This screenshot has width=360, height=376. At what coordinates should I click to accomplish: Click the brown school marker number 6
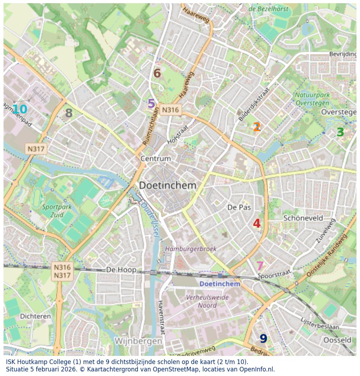pos(157,73)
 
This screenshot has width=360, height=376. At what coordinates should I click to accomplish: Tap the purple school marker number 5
pos(151,104)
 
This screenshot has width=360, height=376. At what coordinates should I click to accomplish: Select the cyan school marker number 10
pos(20,109)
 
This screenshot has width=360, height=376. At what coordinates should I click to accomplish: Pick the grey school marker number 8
pos(69,113)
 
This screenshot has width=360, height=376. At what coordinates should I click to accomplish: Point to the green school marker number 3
pos(340,132)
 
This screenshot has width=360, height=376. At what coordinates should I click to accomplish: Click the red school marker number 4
pos(257,223)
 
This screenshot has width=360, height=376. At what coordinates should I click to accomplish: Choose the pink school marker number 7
pos(260,266)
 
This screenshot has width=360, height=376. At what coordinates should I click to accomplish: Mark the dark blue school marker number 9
pos(263,339)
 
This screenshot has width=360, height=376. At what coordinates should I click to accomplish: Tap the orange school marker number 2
pos(257,127)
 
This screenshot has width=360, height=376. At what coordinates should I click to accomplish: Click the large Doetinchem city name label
pos(167,185)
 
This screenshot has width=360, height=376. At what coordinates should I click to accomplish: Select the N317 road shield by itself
pos(36,149)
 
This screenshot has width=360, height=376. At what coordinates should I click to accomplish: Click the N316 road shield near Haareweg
pos(170,110)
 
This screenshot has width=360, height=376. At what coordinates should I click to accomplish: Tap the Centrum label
pos(155,159)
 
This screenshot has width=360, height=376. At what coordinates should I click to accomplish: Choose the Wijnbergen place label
pos(138,341)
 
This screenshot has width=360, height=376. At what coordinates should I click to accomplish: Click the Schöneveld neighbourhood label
pos(303,218)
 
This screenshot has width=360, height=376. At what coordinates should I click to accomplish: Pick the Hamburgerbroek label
pos(191,249)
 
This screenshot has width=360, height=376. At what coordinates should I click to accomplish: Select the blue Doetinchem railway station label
pos(220,284)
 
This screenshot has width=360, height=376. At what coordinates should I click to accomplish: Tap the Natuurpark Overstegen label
pos(312,99)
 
